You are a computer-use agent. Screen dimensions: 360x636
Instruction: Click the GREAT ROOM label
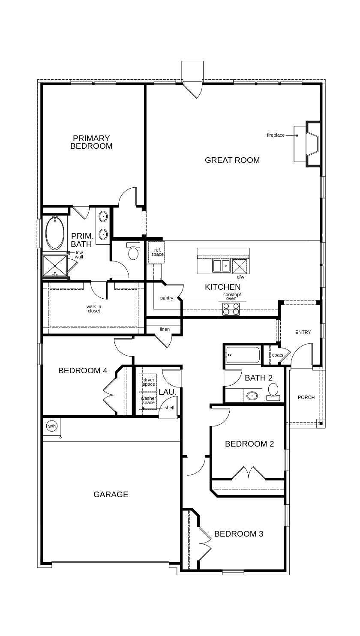click(x=232, y=160)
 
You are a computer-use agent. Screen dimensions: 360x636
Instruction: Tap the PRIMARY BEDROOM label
click(x=91, y=142)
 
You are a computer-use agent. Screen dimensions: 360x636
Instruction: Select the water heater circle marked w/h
click(x=52, y=426)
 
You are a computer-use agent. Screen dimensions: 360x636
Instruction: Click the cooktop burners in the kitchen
click(x=231, y=309)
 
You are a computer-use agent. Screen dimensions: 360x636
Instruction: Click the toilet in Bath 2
click(x=273, y=392)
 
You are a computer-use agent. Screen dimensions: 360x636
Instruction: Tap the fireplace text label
click(x=276, y=135)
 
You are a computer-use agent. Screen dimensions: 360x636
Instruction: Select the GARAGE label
click(x=111, y=494)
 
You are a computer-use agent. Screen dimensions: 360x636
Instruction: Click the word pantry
click(x=166, y=298)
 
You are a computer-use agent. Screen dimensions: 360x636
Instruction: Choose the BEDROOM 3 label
click(x=238, y=534)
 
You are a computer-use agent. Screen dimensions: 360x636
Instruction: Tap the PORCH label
click(x=306, y=397)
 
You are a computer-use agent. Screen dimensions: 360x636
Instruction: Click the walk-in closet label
click(x=94, y=309)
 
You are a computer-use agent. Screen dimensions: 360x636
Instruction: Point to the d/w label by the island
click(x=240, y=277)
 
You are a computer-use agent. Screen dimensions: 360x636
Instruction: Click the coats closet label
click(x=277, y=355)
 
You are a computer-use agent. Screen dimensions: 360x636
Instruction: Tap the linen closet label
click(x=165, y=329)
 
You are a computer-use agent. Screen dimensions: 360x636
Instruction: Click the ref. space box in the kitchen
click(x=156, y=252)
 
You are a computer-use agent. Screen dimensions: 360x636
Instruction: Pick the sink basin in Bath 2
click(x=252, y=396)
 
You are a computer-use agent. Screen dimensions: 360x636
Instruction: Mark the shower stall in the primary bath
click(x=55, y=266)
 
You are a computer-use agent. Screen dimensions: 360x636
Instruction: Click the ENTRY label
click(x=303, y=332)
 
